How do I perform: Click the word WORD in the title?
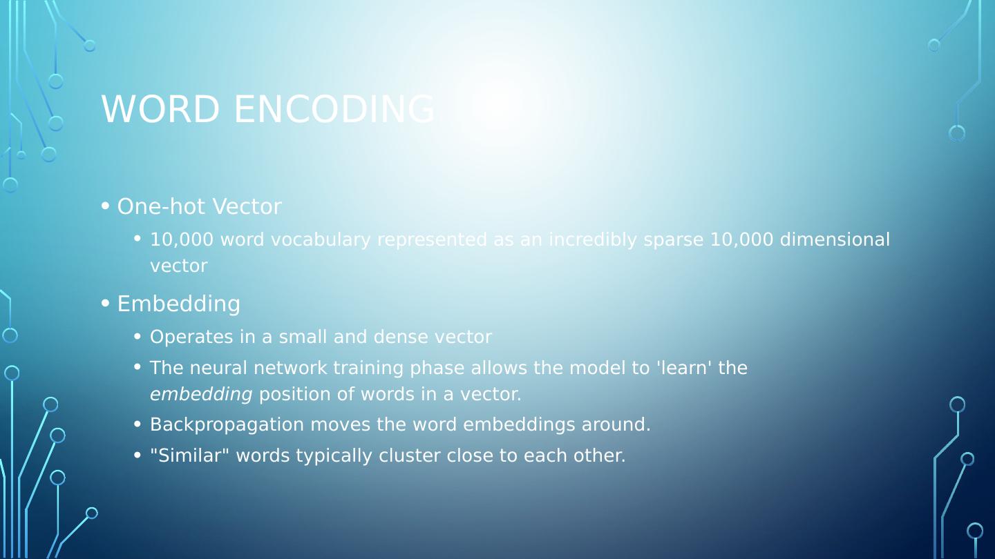[x=160, y=109]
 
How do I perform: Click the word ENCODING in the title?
[x=334, y=109]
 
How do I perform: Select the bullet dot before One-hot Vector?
[x=105, y=206]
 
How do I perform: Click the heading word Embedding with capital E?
[x=178, y=304]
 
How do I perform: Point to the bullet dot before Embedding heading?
[x=105, y=304]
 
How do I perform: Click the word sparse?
[x=674, y=240]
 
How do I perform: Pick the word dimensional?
[x=835, y=239]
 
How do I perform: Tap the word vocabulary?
[x=321, y=240]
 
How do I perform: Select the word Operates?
[x=191, y=337]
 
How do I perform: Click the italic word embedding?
[x=201, y=395]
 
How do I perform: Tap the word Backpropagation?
[x=227, y=425]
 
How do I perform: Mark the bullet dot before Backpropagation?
[x=138, y=424]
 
